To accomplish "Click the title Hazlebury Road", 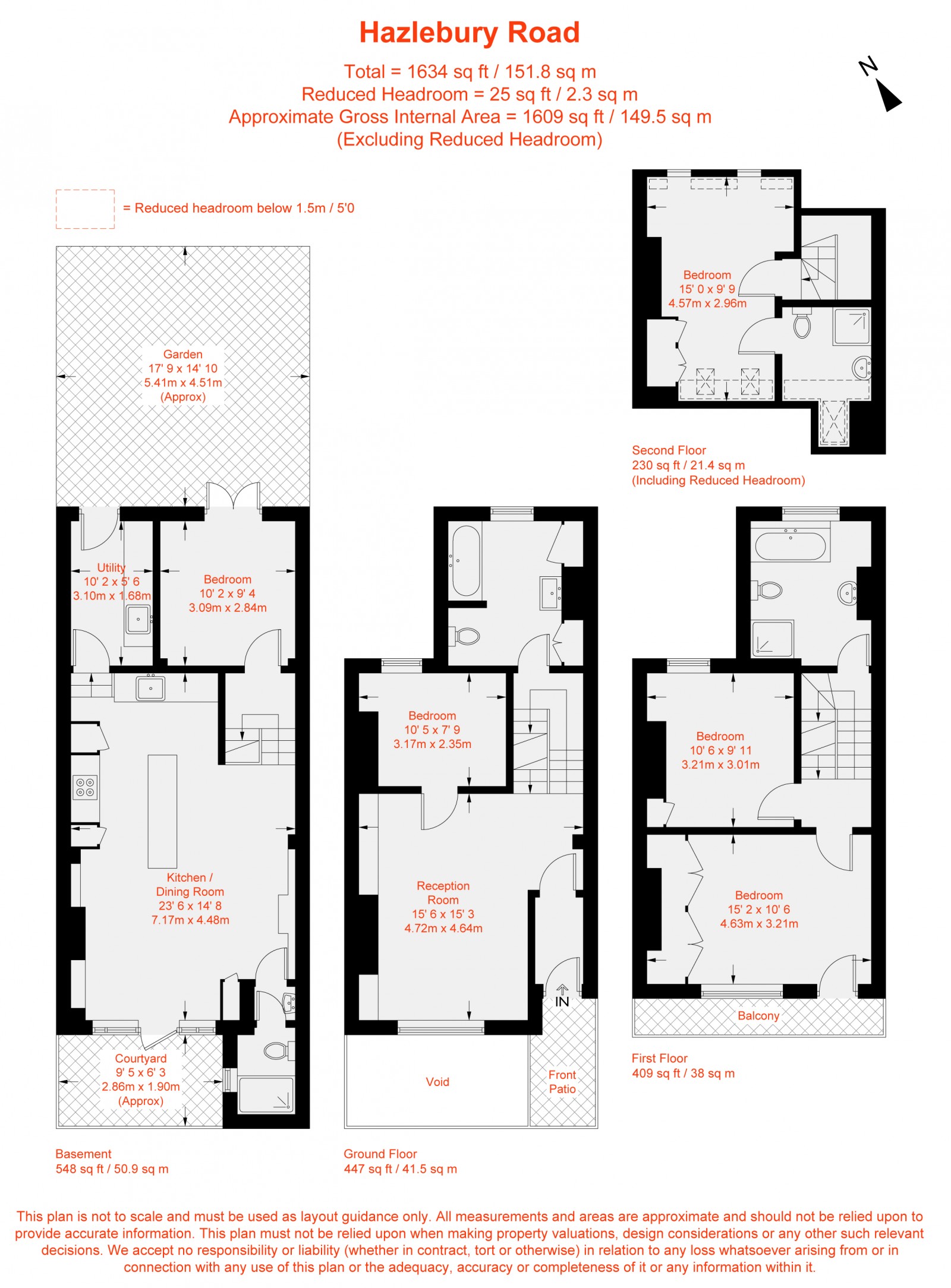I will (x=469, y=33).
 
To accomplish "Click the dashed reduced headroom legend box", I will (x=85, y=209).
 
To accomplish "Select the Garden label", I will (x=182, y=355).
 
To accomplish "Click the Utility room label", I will (x=111, y=567).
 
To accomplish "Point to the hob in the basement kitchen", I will (x=85, y=787).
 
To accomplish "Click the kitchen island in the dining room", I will (x=162, y=811).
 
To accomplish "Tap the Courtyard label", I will (x=141, y=1059).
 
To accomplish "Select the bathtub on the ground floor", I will (x=466, y=560).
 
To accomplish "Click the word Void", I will (x=437, y=1082).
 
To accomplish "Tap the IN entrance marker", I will (x=562, y=1002).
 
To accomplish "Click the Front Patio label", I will (x=562, y=1082).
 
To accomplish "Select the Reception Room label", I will (x=443, y=893).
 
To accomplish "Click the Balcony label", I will (x=758, y=1016).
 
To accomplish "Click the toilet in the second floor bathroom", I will (x=802, y=325).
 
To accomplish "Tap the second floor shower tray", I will (x=852, y=326).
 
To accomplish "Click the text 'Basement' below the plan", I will (x=83, y=1154).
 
